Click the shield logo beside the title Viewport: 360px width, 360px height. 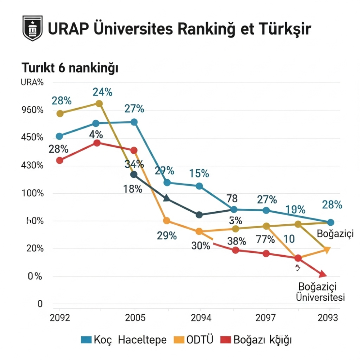point(32,28)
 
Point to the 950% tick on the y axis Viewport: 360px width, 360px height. point(33,110)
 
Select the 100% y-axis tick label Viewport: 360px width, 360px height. point(33,193)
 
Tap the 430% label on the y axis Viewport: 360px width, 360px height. point(33,166)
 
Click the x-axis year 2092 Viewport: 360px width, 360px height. point(59,318)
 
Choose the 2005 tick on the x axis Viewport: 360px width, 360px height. point(135,318)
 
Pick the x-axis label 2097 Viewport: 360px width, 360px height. point(266,318)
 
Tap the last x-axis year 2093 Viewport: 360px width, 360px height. point(328,318)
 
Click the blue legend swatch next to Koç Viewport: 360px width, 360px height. point(86,340)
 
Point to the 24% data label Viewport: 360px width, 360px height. point(103,92)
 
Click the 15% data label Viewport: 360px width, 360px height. point(199,174)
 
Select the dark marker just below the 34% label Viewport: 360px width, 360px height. point(134,175)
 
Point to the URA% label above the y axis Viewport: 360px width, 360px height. point(32,82)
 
